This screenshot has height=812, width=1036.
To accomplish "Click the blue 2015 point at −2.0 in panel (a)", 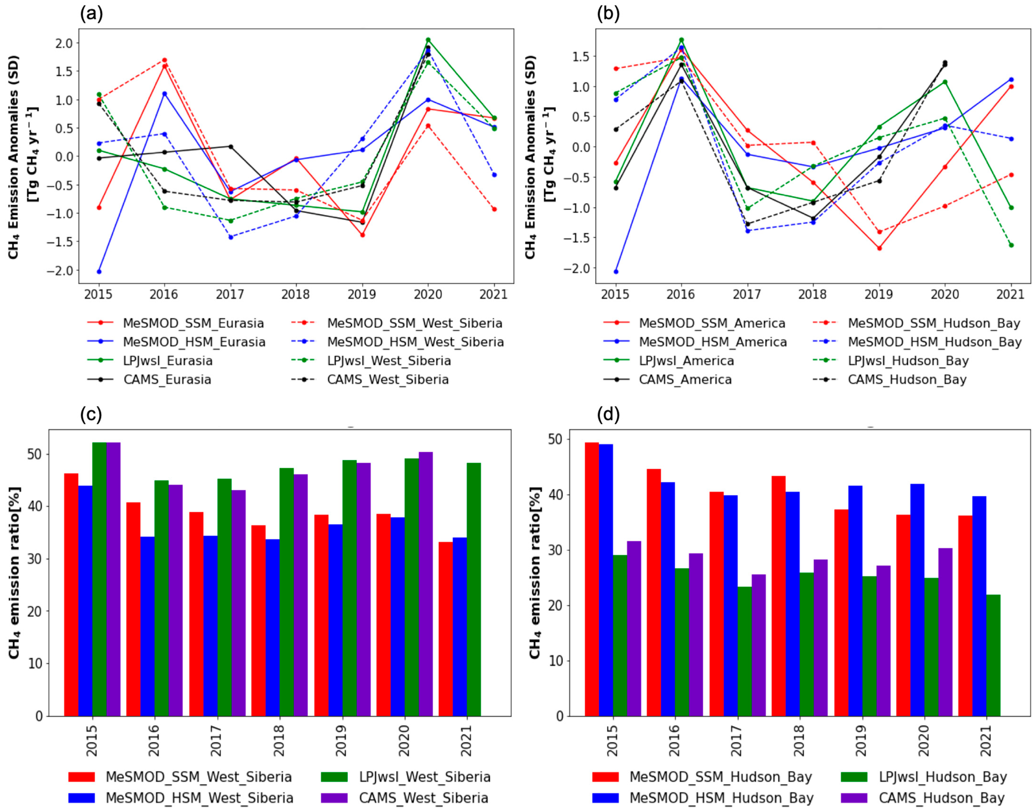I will [99, 271].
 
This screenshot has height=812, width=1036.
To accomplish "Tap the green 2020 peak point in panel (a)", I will [428, 40].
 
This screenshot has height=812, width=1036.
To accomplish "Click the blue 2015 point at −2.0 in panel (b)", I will [616, 271].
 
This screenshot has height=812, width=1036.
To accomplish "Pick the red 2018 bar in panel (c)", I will [258, 620].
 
